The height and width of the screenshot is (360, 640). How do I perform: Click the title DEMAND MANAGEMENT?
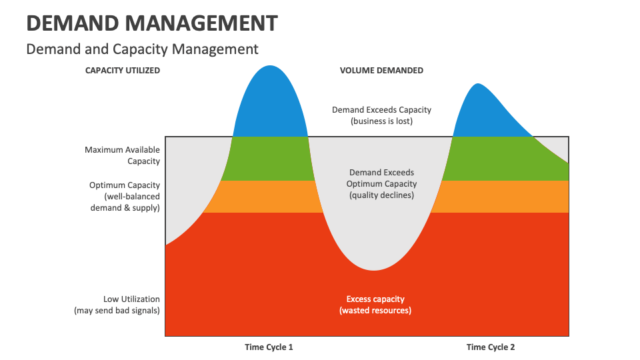point(152,23)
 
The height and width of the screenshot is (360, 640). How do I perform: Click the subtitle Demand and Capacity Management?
point(142,49)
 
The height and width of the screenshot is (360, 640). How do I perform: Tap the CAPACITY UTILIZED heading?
point(123,70)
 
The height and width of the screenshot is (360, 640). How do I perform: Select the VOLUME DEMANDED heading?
point(381,70)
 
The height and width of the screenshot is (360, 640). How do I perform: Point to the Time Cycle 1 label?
point(269,347)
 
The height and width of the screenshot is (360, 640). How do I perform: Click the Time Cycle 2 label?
point(491,347)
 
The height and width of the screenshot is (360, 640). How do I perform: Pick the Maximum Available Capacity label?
point(122,155)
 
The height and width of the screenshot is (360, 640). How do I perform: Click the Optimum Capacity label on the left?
point(125,185)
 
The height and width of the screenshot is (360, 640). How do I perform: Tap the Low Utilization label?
point(131,299)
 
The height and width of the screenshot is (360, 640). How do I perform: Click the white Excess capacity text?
point(375,299)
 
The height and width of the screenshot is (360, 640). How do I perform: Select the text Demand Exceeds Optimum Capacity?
point(381,177)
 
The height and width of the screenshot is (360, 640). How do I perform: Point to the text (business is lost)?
point(381,121)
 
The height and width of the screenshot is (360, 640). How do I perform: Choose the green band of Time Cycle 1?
point(269,159)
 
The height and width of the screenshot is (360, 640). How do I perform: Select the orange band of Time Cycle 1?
point(269,197)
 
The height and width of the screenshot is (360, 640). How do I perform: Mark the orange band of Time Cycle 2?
point(500,197)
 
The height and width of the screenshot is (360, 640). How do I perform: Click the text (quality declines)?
point(381,195)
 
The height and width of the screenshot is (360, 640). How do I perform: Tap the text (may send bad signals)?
point(117,311)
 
